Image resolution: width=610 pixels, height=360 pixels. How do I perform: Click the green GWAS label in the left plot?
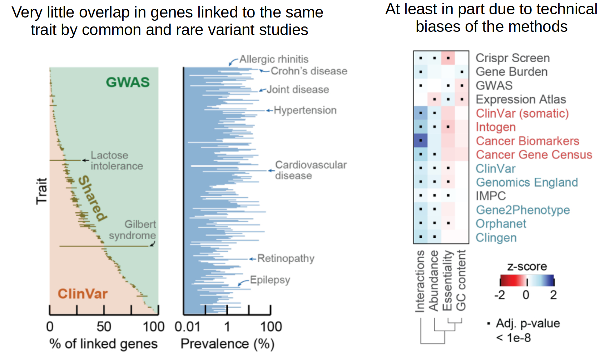(x=128, y=82)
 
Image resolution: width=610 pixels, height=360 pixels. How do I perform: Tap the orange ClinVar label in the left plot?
(x=83, y=294)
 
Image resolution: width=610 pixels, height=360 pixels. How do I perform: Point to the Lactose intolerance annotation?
(x=116, y=161)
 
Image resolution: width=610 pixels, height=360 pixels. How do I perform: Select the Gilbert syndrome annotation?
(x=133, y=230)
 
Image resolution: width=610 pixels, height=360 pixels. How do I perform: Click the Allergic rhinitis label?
(x=274, y=59)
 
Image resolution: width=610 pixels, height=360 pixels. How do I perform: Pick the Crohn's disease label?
(x=309, y=71)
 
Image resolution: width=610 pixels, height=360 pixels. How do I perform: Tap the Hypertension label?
(x=305, y=110)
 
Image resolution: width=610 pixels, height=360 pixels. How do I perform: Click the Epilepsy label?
(x=270, y=280)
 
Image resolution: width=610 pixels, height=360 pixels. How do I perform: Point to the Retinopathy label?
(x=286, y=258)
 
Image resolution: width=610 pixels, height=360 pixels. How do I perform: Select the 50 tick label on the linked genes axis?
(x=104, y=326)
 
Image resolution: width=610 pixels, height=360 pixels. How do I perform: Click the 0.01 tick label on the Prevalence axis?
(x=187, y=326)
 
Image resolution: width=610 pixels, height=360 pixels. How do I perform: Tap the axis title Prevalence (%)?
(x=227, y=344)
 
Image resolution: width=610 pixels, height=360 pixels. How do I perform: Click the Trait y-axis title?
(x=42, y=191)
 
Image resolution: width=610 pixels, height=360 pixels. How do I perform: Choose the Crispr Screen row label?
(x=512, y=58)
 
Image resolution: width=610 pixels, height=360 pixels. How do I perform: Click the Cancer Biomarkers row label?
(x=527, y=141)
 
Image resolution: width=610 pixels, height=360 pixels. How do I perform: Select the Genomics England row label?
(x=527, y=182)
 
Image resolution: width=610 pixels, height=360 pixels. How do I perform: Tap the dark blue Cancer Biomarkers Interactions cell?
(x=421, y=140)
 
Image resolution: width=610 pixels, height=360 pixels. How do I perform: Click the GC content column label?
(x=461, y=281)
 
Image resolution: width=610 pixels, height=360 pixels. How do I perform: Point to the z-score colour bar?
(x=527, y=281)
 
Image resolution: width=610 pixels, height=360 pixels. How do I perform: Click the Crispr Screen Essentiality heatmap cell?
(x=448, y=58)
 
